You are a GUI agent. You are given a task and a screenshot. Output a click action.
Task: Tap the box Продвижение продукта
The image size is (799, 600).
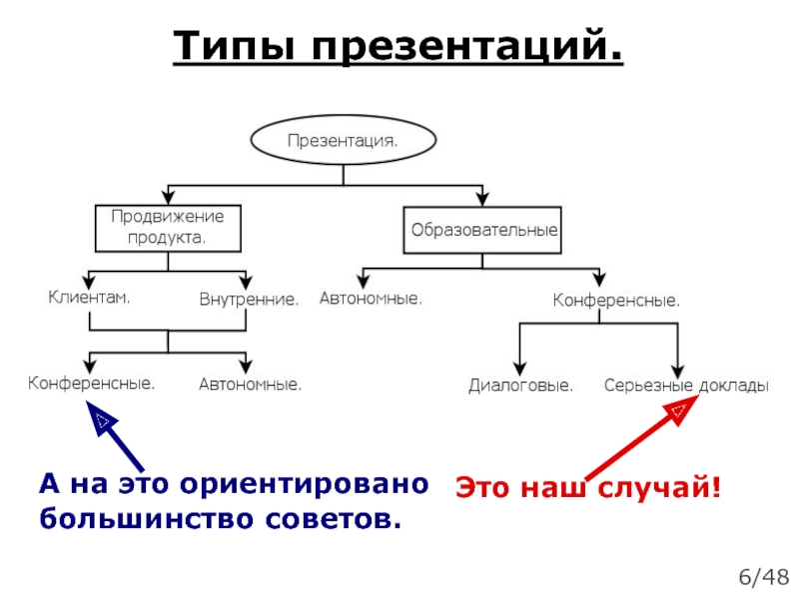click(168, 228)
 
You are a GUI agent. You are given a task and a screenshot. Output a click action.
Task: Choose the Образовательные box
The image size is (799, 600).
click(482, 229)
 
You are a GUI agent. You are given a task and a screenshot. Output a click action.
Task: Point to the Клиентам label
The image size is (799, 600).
click(91, 297)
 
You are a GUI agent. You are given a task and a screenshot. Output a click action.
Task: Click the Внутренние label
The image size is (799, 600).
click(248, 299)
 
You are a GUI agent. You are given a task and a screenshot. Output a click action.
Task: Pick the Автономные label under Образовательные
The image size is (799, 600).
click(371, 298)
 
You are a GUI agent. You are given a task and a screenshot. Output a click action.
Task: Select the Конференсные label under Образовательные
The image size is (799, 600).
click(616, 299)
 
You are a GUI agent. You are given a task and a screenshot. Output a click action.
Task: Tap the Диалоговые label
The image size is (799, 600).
click(520, 385)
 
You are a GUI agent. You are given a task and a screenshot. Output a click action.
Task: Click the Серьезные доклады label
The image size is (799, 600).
click(686, 385)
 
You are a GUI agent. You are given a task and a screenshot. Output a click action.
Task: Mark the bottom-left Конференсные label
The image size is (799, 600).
click(91, 383)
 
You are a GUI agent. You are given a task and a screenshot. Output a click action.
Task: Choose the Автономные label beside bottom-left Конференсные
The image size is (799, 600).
click(250, 384)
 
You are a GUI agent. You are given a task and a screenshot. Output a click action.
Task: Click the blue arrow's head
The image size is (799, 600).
click(101, 417)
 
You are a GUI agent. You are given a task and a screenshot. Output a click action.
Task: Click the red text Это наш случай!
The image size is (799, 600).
click(588, 488)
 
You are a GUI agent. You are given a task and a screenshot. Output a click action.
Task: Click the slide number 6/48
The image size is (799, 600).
click(763, 577)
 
